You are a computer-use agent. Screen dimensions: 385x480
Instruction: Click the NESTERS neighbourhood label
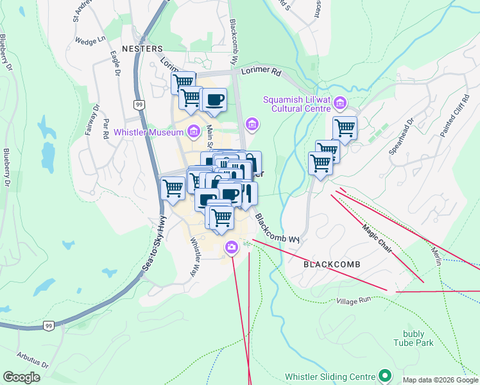click(x=141, y=49)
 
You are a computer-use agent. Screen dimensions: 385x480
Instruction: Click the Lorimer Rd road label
click(x=261, y=73)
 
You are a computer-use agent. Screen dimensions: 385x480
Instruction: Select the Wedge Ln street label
click(x=90, y=40)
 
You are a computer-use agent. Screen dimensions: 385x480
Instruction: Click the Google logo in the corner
click(x=21, y=377)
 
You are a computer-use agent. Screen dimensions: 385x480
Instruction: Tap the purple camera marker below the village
click(x=232, y=246)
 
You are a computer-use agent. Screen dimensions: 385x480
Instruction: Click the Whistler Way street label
click(x=195, y=257)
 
